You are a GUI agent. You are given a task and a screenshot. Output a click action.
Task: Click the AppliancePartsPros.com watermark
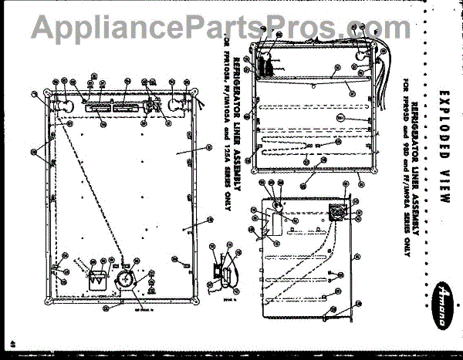tap(231, 29)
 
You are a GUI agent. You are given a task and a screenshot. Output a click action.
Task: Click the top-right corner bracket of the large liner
tap(196, 93)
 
